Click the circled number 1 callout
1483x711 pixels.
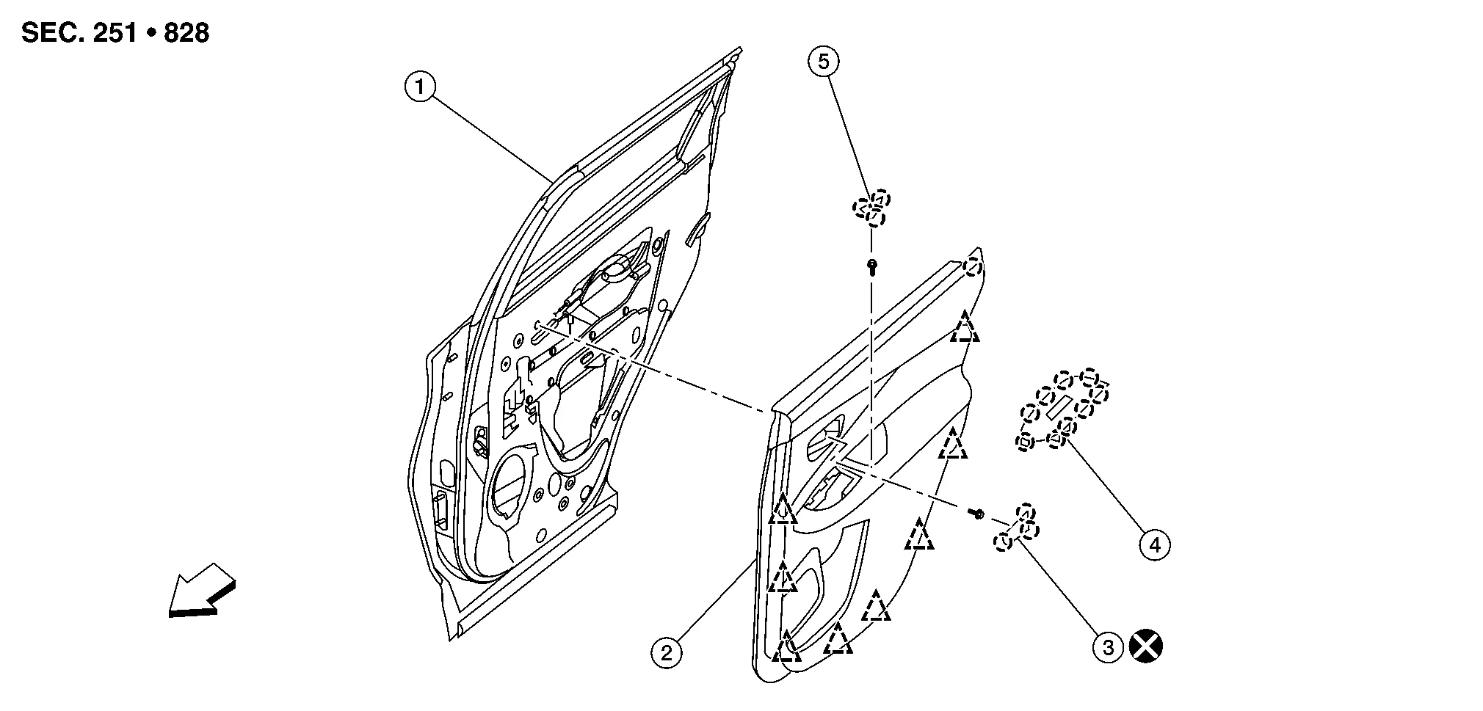point(420,88)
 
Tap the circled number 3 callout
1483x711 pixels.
point(1109,647)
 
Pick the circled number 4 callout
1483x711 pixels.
point(1155,545)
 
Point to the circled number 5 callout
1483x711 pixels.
point(824,62)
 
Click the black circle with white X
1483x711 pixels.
point(1146,647)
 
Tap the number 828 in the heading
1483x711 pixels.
point(186,33)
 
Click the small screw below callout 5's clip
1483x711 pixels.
point(871,266)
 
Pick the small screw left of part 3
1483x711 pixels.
point(977,514)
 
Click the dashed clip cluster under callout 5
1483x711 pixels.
point(871,208)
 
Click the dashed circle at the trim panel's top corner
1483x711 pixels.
point(973,266)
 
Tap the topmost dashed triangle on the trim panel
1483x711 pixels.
point(965,327)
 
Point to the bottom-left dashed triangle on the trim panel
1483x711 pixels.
point(785,646)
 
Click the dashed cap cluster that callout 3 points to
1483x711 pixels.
point(1017,527)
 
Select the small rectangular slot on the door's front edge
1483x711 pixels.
point(443,511)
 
